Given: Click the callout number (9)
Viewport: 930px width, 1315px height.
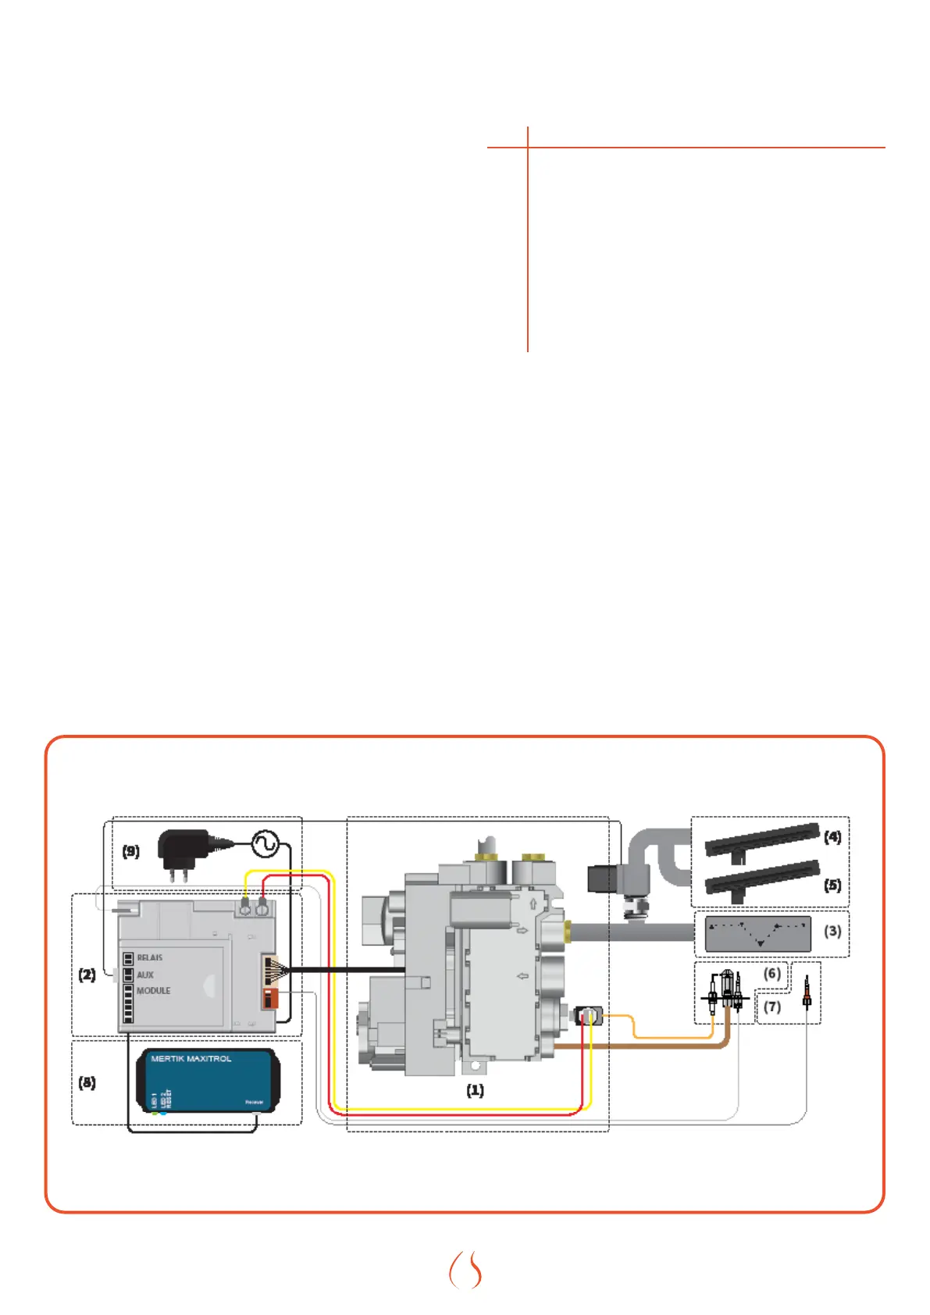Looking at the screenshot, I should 130,850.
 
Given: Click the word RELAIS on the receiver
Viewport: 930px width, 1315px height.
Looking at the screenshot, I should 150,957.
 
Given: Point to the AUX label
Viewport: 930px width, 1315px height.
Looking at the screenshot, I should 145,975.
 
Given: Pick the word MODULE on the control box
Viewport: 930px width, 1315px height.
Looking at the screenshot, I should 153,990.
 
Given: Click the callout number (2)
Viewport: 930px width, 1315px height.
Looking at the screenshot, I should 87,975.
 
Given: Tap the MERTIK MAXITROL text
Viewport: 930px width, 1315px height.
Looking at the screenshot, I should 191,1059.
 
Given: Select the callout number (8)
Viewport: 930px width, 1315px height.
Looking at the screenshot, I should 87,1082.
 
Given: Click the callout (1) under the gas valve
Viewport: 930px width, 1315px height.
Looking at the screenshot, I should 475,1090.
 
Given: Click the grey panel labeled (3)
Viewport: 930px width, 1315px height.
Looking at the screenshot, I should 757,934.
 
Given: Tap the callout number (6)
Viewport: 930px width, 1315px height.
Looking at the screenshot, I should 771,973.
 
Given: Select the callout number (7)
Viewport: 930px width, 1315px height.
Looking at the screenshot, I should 771,1007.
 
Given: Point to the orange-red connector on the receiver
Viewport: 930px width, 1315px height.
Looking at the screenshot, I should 270,998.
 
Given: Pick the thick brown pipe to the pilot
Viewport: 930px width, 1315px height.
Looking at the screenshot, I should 640,1046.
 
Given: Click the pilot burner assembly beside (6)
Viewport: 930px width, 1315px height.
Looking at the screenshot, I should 727,992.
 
